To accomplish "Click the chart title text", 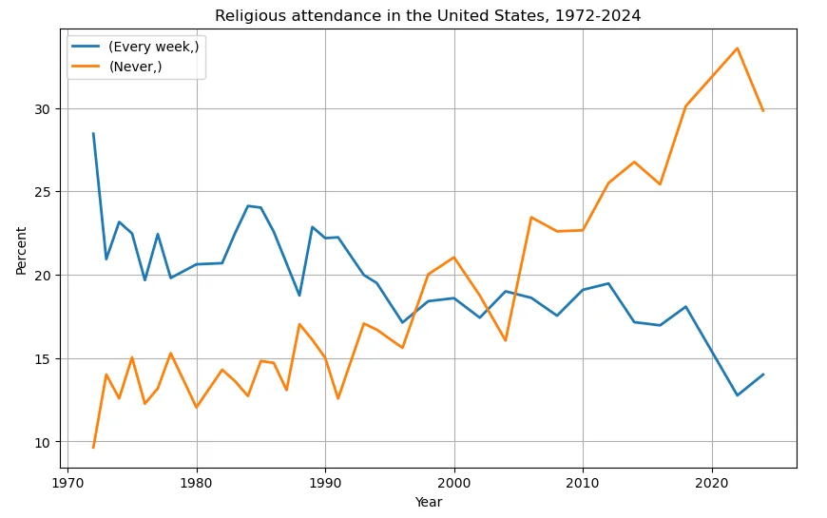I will click(428, 15).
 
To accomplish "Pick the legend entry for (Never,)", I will click(135, 67).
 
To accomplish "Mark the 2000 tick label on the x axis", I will click(454, 483).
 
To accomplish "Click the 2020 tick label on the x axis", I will click(712, 483).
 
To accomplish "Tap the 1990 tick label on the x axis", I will click(325, 483).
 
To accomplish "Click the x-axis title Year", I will click(428, 502).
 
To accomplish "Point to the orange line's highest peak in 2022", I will click(738, 48).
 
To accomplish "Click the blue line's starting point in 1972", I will click(93, 134).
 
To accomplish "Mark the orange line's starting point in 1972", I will click(93, 447).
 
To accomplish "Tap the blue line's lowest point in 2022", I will click(738, 395).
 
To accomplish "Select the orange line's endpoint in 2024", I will click(763, 110).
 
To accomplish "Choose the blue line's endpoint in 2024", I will click(763, 374).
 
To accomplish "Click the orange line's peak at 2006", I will click(531, 218).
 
